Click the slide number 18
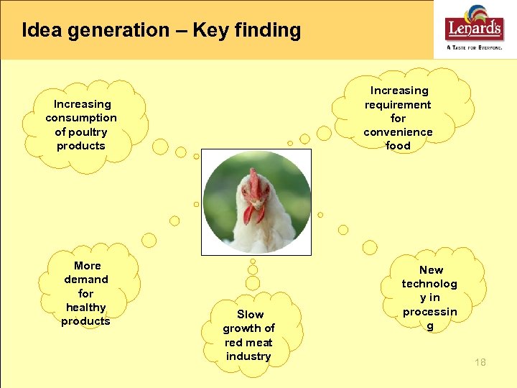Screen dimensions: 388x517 [480, 362]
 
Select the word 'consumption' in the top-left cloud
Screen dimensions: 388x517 [81, 118]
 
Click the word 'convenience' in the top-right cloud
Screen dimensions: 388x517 [398, 132]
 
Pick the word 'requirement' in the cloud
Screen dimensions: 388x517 [398, 105]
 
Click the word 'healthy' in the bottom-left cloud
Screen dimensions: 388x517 [85, 308]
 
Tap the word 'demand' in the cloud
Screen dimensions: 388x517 [86, 280]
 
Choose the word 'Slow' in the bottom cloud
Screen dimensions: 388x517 [250, 315]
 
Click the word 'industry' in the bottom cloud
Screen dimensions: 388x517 [248, 356]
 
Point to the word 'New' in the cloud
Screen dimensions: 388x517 [431, 270]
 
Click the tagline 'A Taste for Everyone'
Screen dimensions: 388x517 [475, 47]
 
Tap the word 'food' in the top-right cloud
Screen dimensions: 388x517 [399, 146]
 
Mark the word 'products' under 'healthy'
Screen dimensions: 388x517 [85, 321]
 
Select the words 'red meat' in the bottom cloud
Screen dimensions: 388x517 [248, 343]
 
